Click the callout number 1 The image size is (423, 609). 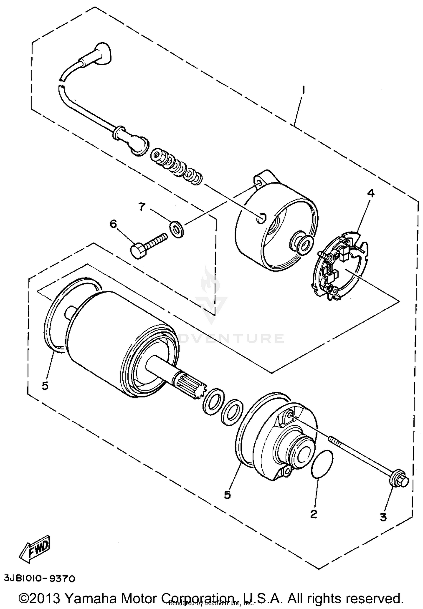304,90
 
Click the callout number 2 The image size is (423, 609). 314,514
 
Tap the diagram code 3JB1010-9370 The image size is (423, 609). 39,579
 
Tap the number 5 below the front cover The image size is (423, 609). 228,494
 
